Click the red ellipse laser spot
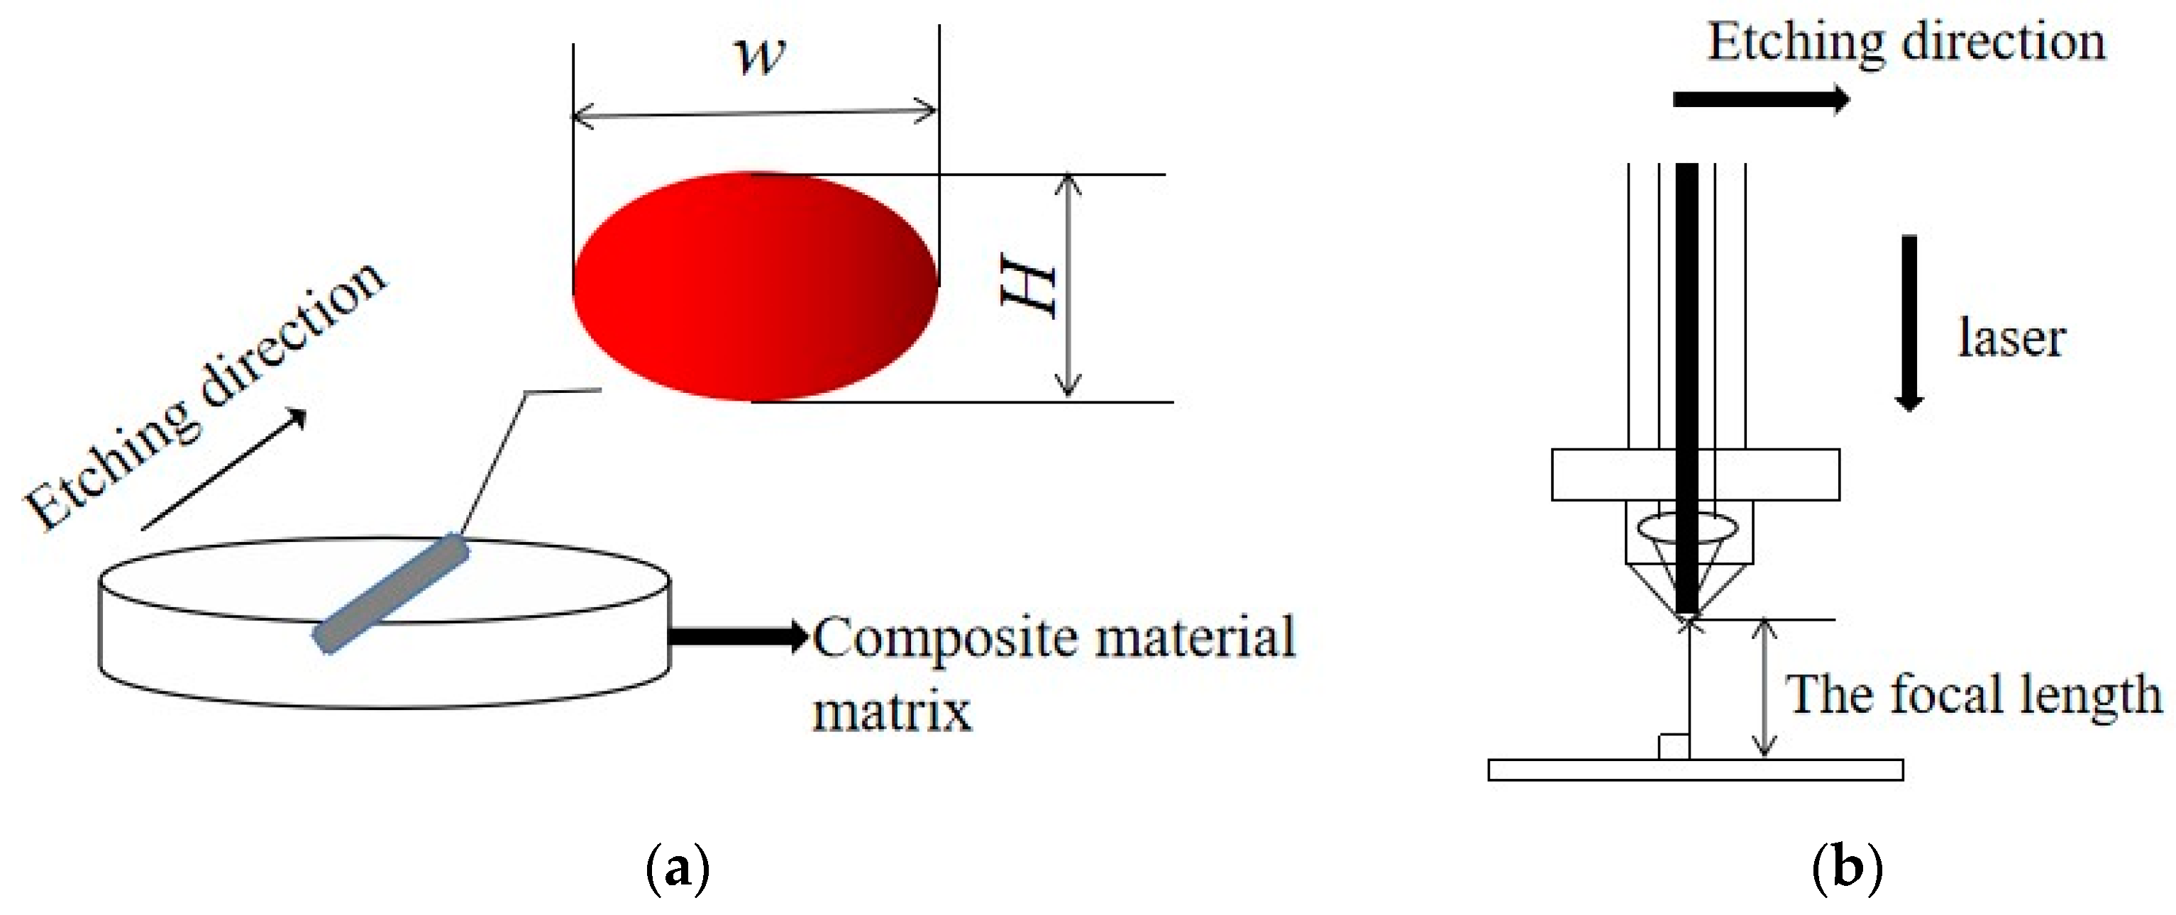point(754,286)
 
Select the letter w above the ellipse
point(759,56)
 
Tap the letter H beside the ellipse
point(1029,287)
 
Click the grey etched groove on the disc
point(391,593)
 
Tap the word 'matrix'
point(892,711)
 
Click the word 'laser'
point(2011,338)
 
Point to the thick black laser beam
point(1687,380)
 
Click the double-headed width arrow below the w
point(754,112)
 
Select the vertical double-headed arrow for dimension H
point(1069,286)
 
